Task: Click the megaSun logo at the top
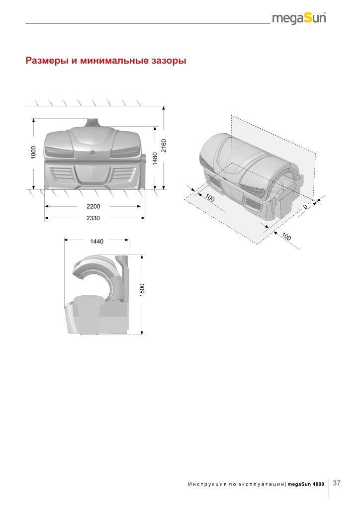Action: pyautogui.click(x=299, y=18)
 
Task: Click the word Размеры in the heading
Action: pyautogui.click(x=47, y=61)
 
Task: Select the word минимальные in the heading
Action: pyautogui.click(x=113, y=60)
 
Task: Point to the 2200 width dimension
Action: pyautogui.click(x=93, y=206)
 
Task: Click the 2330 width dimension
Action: pyautogui.click(x=93, y=218)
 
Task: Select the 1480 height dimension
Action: pyautogui.click(x=155, y=159)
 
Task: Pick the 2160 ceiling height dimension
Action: pyautogui.click(x=164, y=146)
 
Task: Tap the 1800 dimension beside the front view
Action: pyautogui.click(x=33, y=153)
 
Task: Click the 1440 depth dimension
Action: pyautogui.click(x=97, y=241)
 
